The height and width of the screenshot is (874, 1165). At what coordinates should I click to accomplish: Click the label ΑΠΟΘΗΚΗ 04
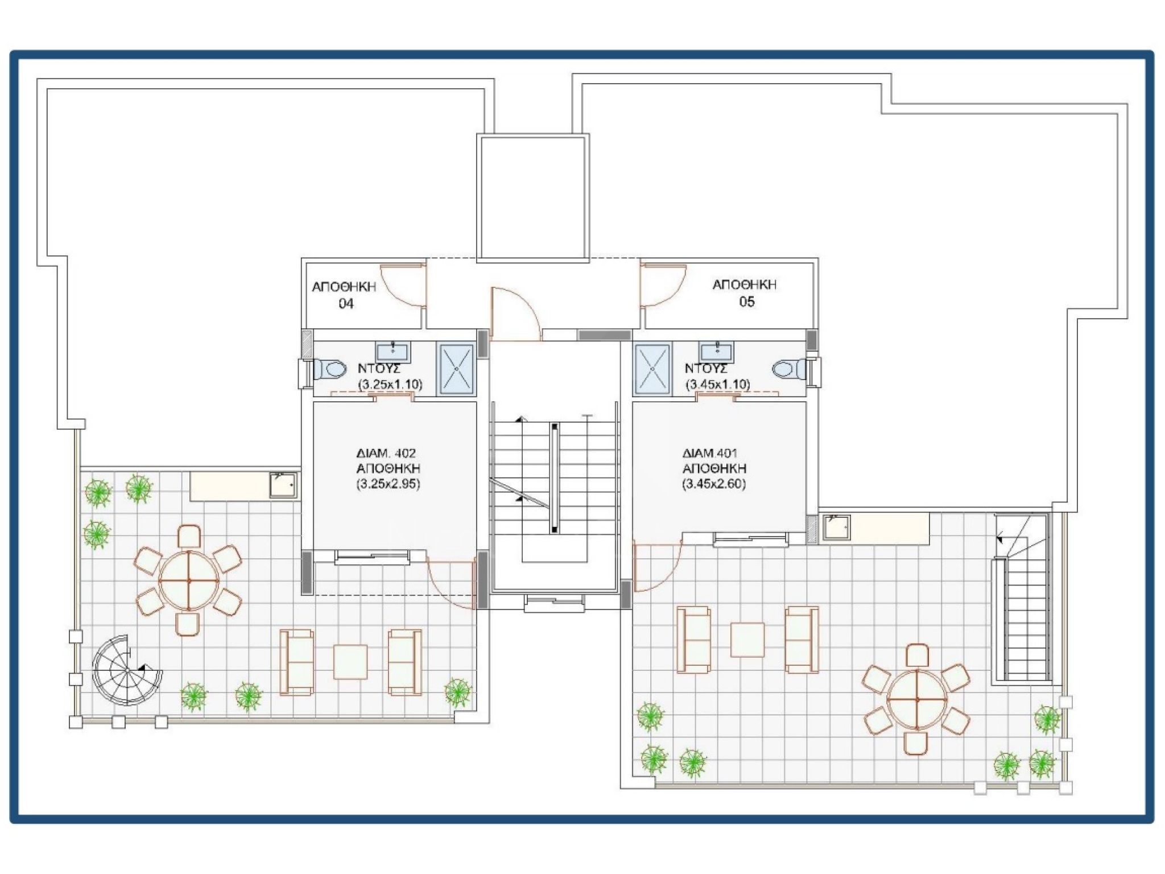344,295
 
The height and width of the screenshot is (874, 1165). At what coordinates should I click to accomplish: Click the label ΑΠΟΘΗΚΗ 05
744,293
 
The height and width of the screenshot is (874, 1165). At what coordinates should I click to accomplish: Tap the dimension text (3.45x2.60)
714,484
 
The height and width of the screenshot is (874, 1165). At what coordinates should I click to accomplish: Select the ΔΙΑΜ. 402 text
386,454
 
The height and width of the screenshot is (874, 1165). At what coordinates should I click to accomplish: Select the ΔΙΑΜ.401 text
709,453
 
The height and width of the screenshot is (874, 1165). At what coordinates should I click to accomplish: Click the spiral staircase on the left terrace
127,670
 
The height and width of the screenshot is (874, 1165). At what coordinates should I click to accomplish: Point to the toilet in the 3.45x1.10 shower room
789,369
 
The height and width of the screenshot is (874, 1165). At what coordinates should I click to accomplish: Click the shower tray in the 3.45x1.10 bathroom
652,369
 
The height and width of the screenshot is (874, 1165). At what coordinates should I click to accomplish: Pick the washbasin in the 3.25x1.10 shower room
393,352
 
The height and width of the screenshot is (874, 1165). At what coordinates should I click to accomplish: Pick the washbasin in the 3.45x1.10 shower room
717,352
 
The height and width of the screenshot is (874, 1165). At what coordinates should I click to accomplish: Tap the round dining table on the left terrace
188,580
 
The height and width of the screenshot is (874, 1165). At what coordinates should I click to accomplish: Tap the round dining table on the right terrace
917,699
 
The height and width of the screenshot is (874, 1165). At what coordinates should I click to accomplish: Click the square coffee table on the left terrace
350,661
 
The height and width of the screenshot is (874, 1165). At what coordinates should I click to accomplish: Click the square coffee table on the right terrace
747,640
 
